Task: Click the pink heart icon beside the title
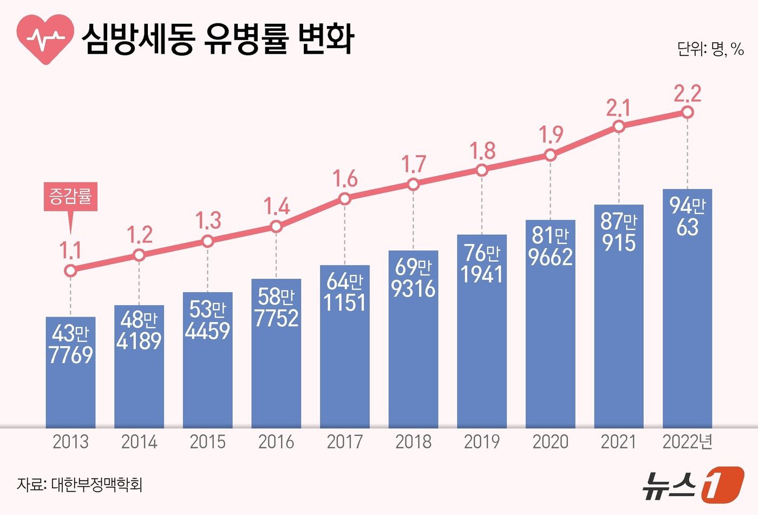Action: (45, 39)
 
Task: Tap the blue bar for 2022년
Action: (687, 325)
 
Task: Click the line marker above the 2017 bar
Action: (345, 199)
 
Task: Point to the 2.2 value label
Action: (687, 94)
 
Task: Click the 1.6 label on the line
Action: (345, 178)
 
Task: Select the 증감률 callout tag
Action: (70, 196)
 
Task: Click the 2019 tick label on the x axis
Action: (482, 442)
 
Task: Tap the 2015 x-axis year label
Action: (208, 442)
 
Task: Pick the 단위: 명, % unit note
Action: (710, 49)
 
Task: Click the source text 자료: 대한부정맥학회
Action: (80, 484)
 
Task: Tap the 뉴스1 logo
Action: (694, 484)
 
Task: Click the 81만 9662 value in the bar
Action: (551, 247)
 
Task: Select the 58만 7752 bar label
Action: (276, 307)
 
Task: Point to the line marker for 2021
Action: (619, 126)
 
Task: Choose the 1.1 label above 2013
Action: (70, 250)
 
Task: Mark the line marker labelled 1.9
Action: (551, 155)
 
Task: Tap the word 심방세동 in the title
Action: (138, 39)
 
